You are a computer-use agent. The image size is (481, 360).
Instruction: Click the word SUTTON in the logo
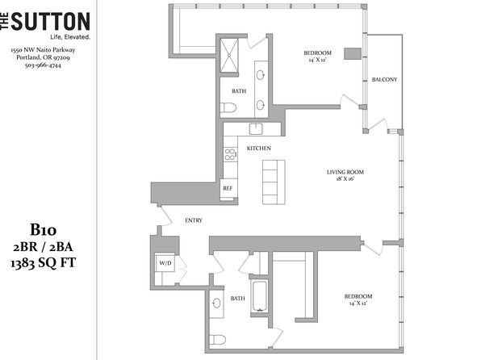[x=51, y=22]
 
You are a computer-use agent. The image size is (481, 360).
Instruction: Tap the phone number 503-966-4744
[x=43, y=65]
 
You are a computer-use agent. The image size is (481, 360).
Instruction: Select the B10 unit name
[x=43, y=230]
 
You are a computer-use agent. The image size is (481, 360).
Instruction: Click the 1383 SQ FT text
[x=43, y=263]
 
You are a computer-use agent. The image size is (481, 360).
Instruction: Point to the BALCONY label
[x=384, y=79]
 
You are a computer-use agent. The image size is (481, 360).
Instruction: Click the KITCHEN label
[x=259, y=149]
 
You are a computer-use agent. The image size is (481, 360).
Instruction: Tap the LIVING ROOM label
[x=345, y=172]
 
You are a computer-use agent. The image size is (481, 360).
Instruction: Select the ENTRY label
[x=194, y=220]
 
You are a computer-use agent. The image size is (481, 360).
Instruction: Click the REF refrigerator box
[x=228, y=189]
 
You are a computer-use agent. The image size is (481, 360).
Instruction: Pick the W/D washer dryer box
[x=165, y=262]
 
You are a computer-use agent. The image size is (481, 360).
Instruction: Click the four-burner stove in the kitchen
[x=230, y=154]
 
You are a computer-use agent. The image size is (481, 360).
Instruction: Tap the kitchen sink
[x=256, y=129]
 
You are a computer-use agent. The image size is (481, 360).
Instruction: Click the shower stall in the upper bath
[x=229, y=55]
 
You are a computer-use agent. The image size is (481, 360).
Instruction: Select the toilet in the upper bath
[x=228, y=107]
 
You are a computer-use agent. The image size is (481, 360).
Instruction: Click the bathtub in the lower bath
[x=260, y=296]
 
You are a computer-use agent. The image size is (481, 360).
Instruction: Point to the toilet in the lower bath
[x=217, y=340]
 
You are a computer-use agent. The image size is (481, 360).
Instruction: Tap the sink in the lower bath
[x=217, y=303]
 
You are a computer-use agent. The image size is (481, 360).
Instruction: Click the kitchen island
[x=274, y=182]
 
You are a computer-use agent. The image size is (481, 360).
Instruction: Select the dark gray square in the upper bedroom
[x=353, y=53]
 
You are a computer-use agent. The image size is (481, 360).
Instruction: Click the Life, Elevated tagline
[x=70, y=37]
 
